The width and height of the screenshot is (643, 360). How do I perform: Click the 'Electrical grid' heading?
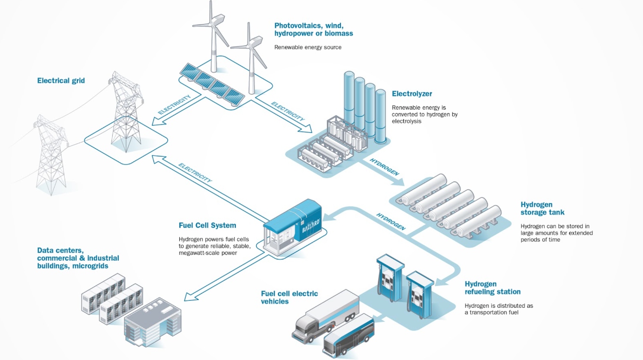[61, 81]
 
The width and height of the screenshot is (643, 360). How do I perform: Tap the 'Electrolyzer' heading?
[412, 94]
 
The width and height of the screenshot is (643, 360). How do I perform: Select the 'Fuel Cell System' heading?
[207, 225]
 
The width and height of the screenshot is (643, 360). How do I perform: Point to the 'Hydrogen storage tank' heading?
[542, 209]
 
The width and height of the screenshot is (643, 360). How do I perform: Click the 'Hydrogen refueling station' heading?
[492, 288]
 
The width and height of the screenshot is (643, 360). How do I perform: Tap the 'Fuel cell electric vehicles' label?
[289, 297]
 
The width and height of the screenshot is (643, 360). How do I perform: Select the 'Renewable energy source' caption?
[308, 47]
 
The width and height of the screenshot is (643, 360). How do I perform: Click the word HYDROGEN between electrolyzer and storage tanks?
[385, 167]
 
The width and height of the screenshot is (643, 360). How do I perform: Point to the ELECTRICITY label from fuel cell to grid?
[195, 173]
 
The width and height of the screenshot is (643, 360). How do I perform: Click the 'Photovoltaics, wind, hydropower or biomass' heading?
[313, 30]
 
